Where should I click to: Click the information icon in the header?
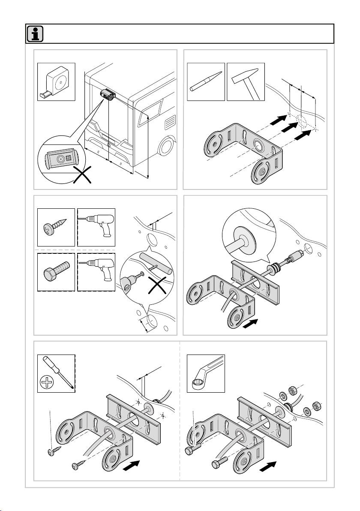point(34,34)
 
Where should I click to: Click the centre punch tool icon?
point(206,81)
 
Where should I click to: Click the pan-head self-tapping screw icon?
point(56,226)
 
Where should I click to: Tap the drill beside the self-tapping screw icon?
point(96,226)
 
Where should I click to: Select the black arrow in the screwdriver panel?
point(132,465)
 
